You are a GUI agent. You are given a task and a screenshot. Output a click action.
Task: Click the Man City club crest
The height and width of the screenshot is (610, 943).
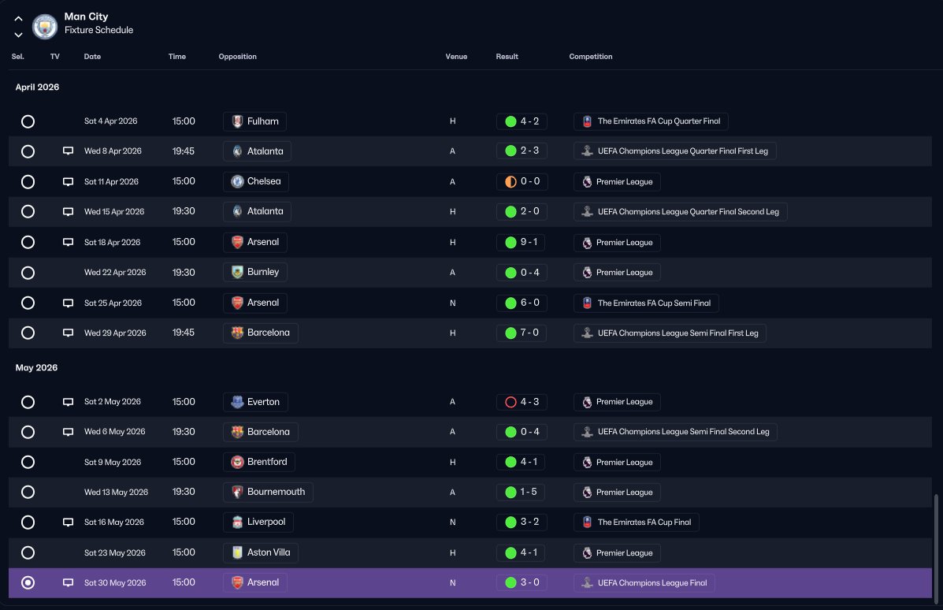(x=44, y=27)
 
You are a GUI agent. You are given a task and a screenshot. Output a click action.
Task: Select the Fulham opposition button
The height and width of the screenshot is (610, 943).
(x=255, y=121)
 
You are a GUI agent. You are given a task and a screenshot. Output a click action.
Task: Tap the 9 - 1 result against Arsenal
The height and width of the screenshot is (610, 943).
(x=522, y=243)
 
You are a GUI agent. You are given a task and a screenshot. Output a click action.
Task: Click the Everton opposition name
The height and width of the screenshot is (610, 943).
(x=263, y=402)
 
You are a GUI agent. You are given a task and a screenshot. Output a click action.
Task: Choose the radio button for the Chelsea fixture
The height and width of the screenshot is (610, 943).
(x=28, y=182)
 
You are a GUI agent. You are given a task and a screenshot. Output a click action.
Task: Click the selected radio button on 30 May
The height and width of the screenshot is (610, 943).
(x=28, y=583)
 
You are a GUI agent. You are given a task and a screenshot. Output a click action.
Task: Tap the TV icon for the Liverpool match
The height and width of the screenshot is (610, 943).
(x=68, y=523)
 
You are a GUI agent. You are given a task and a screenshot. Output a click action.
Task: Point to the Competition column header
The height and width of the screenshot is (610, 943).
(x=591, y=57)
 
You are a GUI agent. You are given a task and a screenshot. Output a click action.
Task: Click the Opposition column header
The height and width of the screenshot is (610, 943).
(x=238, y=57)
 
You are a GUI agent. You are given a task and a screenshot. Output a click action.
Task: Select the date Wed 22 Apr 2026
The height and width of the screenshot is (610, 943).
(x=115, y=273)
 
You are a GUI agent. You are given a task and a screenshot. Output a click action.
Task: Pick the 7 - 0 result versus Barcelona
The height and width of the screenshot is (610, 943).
(x=522, y=333)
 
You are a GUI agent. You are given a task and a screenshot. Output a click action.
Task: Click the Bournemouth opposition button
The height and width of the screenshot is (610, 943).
(x=268, y=492)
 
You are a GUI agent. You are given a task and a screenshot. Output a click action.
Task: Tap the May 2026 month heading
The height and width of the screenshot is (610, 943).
(x=37, y=367)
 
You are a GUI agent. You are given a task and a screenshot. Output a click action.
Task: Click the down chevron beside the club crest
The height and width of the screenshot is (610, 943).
(x=19, y=35)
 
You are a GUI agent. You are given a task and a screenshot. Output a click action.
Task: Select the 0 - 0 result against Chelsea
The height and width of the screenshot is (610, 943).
(x=522, y=182)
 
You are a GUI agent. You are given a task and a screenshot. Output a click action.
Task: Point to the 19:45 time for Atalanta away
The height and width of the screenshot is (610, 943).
(x=184, y=151)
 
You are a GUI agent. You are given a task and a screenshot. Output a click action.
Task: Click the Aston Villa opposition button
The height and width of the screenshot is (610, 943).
(x=261, y=552)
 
